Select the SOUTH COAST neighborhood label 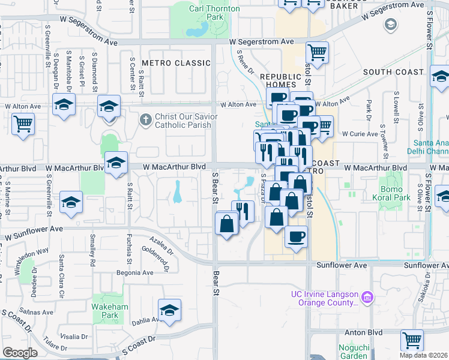coord(393,72)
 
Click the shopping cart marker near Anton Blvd coord(412,340)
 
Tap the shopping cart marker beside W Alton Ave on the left coord(23,124)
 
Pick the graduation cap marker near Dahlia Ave coord(170,310)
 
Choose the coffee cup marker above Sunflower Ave coord(295,236)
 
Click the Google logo coord(20,353)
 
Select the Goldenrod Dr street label coord(157,255)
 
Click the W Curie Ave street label coord(358,134)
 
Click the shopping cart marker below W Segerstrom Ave coord(316,52)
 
